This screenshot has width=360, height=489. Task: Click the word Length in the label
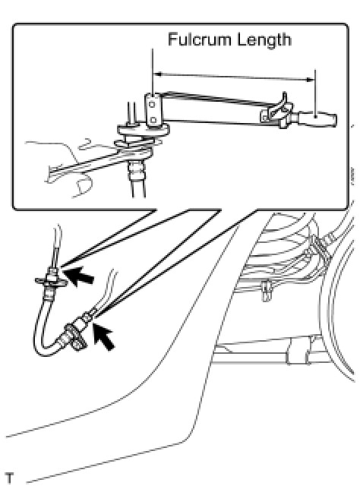click(x=264, y=40)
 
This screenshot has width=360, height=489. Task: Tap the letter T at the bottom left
click(x=10, y=478)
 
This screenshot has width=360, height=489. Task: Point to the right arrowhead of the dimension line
click(x=310, y=80)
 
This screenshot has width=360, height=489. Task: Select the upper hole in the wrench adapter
click(x=152, y=104)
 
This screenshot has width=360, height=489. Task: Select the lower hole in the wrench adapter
click(x=153, y=120)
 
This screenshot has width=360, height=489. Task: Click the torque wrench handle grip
click(x=317, y=118)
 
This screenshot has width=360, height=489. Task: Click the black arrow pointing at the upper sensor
click(x=79, y=276)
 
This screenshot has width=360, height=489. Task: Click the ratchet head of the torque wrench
click(x=275, y=115)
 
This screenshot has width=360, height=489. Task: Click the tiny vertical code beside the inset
click(x=352, y=177)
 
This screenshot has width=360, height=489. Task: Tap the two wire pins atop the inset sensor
click(x=131, y=113)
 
